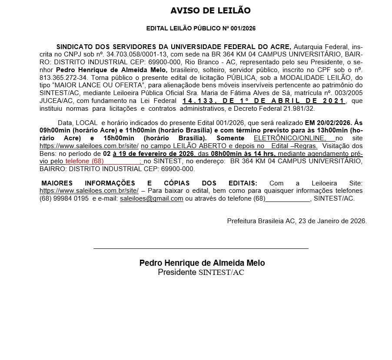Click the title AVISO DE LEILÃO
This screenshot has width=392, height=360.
coord(210,10)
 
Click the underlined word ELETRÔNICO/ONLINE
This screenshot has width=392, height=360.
coord(289,138)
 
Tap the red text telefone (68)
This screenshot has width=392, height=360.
coord(84,161)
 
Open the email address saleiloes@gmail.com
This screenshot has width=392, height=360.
coord(151,198)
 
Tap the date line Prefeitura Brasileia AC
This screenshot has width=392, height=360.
coord(297,221)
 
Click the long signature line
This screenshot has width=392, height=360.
coord(201,248)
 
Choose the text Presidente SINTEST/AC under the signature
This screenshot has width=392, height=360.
coord(202,272)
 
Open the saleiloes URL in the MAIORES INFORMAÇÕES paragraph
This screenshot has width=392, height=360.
coord(89,191)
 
